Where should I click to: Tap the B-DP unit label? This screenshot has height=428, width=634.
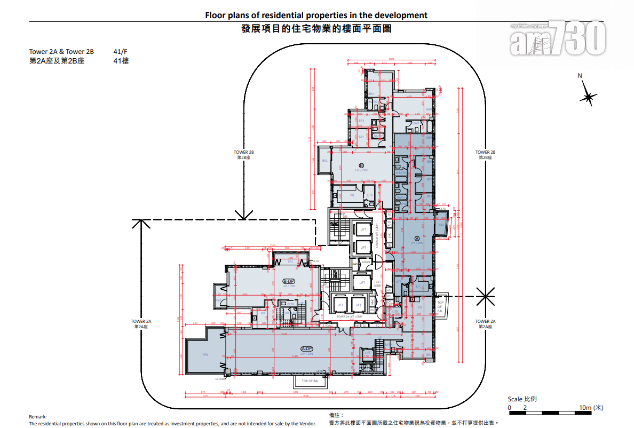tap(289, 281)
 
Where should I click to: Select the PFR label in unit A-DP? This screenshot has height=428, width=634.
tap(205, 354)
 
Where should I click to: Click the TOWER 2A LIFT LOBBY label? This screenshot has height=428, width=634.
tap(350, 316)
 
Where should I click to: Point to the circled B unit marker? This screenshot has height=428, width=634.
tap(361, 165)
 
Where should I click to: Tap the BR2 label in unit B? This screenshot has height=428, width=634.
tap(370, 94)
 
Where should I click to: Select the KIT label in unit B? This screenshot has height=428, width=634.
tap(352, 195)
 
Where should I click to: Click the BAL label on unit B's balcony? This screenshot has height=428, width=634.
tap(324, 160)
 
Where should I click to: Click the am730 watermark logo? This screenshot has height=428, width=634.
tap(558, 39)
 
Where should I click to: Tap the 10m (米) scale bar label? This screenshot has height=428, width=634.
tap(591, 408)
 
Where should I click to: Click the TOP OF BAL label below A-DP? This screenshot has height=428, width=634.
tap(310, 381)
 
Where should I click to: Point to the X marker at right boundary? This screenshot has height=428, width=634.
tap(486, 295)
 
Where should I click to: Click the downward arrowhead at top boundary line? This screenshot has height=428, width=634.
tap(244, 215)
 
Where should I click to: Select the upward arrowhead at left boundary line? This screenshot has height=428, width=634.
tap(141, 224)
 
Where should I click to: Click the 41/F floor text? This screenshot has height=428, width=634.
tap(121, 52)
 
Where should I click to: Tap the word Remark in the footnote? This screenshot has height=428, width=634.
tap(38, 417)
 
